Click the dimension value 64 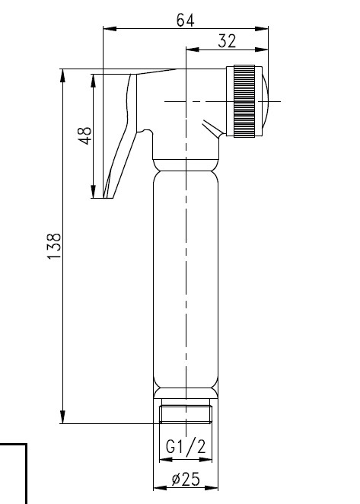(x=186, y=21)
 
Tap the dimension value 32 (x=227, y=41)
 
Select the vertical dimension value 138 (x=54, y=246)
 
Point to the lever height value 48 (x=85, y=136)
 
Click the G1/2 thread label (x=186, y=446)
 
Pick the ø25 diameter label (x=186, y=479)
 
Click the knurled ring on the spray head (x=244, y=101)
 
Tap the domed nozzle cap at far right (x=266, y=101)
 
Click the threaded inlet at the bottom (x=186, y=413)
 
